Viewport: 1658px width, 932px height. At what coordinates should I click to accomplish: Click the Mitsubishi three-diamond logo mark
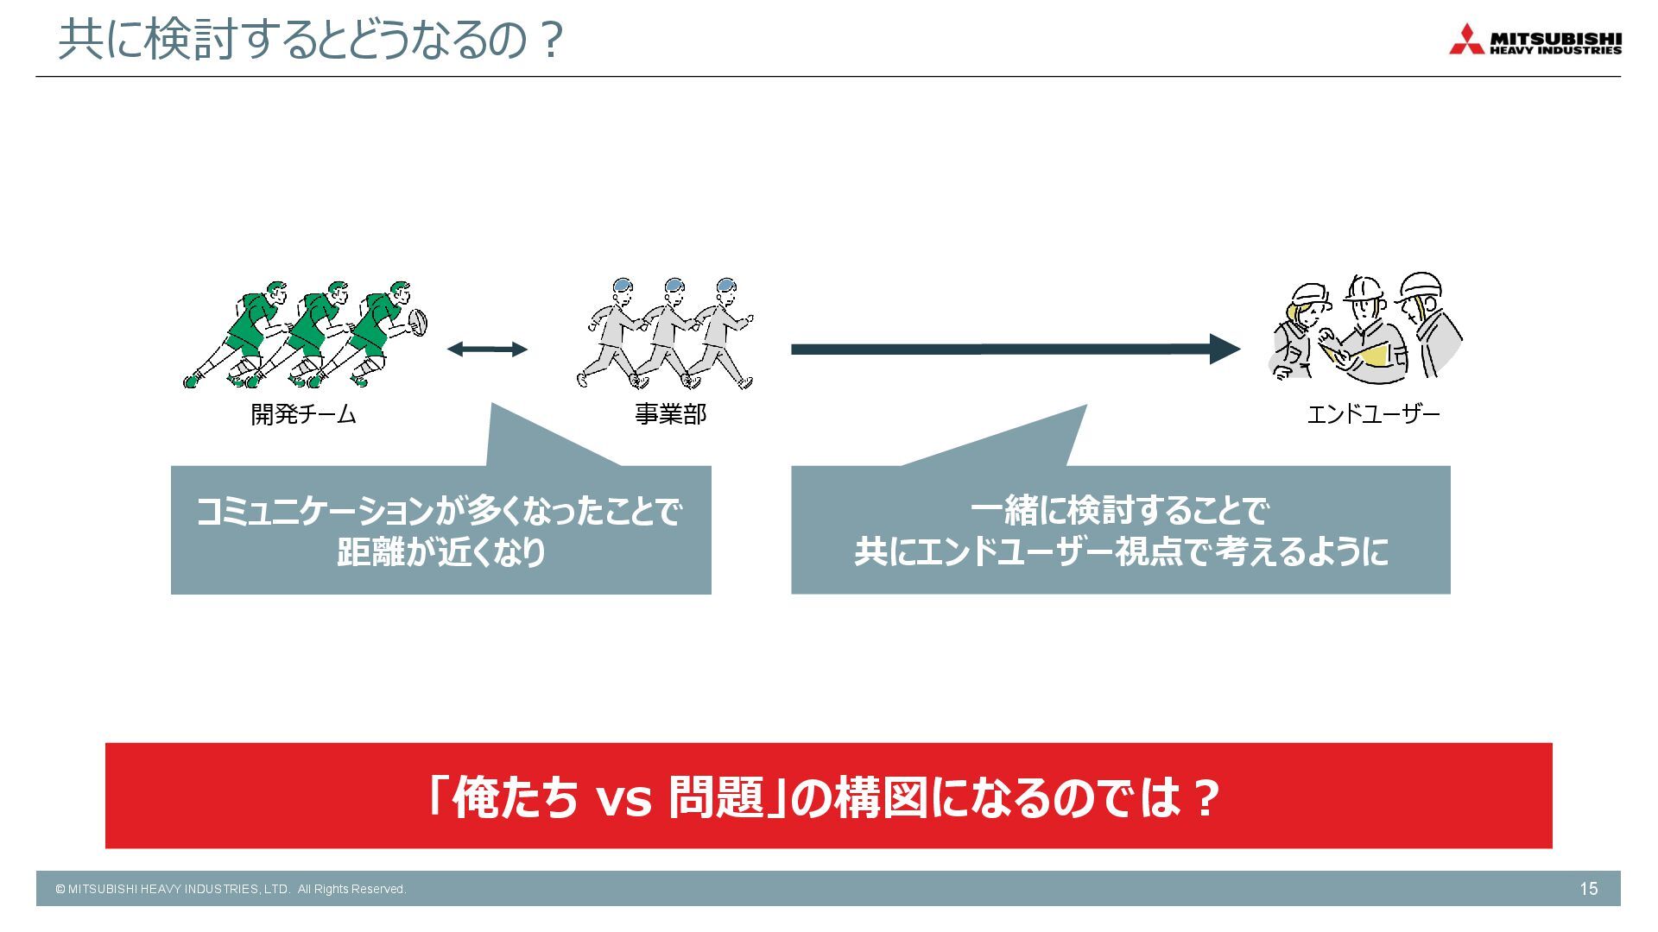1466,41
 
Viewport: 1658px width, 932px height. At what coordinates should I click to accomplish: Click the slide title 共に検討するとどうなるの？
311,41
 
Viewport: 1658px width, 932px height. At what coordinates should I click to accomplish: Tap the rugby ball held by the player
419,322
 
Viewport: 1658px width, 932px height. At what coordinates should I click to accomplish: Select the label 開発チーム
303,415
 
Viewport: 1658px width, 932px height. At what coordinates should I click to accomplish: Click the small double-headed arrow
487,349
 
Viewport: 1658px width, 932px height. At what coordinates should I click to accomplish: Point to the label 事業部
670,415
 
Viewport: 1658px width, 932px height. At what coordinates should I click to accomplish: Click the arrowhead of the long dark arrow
1225,349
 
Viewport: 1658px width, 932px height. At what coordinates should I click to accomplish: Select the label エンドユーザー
1373,415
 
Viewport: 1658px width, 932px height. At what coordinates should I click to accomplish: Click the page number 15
1588,889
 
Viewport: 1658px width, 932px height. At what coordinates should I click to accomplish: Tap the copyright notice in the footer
231,889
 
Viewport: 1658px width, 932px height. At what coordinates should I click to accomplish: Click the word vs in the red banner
623,797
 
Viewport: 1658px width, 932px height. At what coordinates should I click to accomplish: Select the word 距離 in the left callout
370,552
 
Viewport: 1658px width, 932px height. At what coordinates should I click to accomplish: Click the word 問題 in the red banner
717,797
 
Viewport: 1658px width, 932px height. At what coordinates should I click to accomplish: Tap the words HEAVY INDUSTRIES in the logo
1555,51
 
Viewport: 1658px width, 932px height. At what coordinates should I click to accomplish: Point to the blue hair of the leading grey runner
726,286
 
